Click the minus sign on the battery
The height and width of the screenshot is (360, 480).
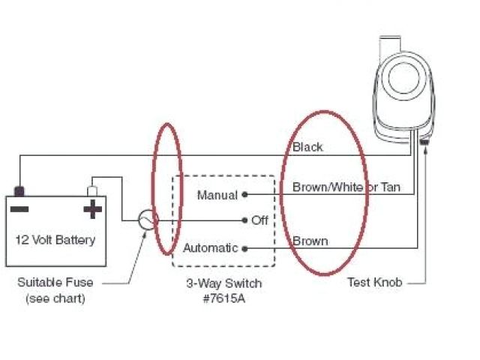[20, 208]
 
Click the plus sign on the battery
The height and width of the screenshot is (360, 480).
[92, 208]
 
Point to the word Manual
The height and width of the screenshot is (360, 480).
[217, 195]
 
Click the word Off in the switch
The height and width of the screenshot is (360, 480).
[259, 220]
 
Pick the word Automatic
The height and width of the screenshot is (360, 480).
[211, 247]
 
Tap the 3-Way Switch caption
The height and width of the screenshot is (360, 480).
[224, 284]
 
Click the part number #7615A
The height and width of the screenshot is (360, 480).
[224, 298]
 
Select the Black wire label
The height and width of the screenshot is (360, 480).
[307, 147]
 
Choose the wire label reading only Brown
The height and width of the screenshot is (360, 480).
[310, 241]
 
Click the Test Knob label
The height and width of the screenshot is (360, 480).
[374, 283]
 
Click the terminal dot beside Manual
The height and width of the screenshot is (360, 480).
[245, 194]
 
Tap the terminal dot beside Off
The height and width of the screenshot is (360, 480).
[245, 220]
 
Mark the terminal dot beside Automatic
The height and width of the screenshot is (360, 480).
[245, 247]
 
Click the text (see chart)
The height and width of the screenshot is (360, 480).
[55, 298]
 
